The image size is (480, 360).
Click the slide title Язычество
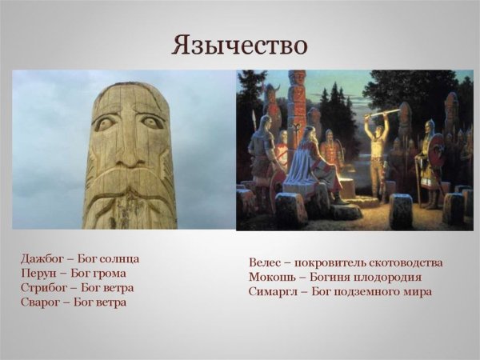pos(239,44)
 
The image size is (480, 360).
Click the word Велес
pos(266,262)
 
